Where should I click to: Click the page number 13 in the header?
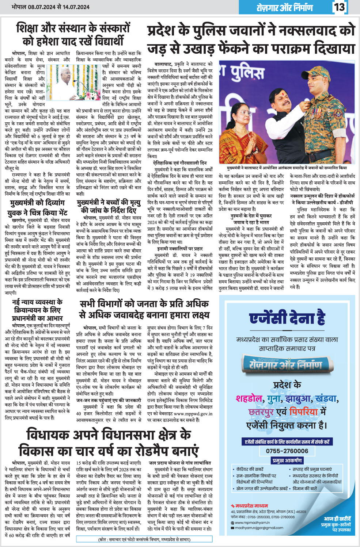click(340, 7)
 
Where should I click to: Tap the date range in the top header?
click(50, 7)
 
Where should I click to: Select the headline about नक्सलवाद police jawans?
click(251, 39)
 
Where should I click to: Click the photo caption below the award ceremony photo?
click(287, 168)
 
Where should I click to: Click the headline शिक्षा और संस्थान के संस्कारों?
click(73, 34)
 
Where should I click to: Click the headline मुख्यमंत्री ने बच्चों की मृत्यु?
click(109, 207)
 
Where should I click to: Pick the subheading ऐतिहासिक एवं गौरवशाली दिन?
click(180, 163)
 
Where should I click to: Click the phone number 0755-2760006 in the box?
click(287, 451)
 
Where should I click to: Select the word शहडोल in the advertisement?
click(250, 398)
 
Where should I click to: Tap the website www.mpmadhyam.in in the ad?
click(251, 523)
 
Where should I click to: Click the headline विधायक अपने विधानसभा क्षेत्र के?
click(109, 443)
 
